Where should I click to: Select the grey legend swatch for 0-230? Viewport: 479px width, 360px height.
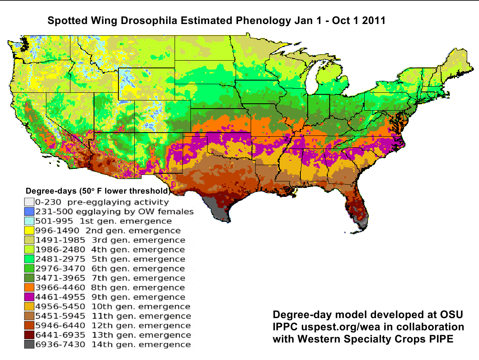point(28,202)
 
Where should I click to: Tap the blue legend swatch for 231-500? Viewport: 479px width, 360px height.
point(28,212)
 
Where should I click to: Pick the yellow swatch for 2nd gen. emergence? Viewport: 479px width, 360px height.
point(28,231)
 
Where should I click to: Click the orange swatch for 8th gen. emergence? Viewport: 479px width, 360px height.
point(28,288)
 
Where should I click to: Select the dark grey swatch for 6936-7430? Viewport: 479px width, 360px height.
point(28,345)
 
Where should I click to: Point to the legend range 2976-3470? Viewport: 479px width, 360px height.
point(60,268)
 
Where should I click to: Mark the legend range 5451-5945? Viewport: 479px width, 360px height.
point(60,316)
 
